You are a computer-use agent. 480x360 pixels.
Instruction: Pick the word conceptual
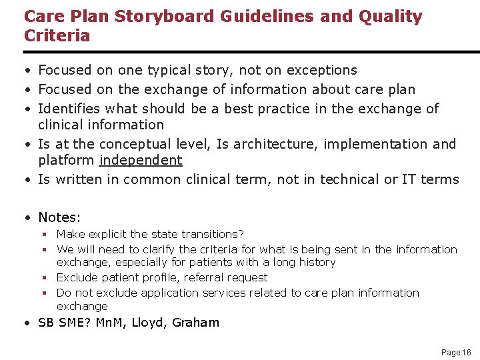[x=136, y=144]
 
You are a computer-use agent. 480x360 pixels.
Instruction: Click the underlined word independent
[x=141, y=160]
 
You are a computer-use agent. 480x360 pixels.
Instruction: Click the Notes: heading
[x=59, y=217]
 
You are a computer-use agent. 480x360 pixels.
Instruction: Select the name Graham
[x=195, y=323]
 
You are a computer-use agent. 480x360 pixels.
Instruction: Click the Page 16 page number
[x=456, y=352]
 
